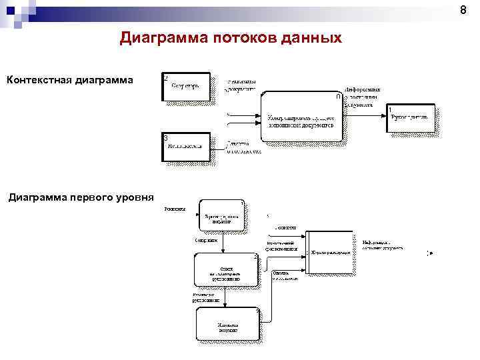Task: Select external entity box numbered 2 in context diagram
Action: pos(187,87)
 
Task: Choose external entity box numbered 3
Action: pos(187,147)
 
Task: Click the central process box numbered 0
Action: pos(301,116)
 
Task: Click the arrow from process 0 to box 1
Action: pos(364,115)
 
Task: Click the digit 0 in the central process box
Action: pos(338,97)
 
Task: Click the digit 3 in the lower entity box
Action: pos(165,138)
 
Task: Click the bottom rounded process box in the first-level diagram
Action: pos(226,325)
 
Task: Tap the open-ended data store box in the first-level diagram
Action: pos(328,253)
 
